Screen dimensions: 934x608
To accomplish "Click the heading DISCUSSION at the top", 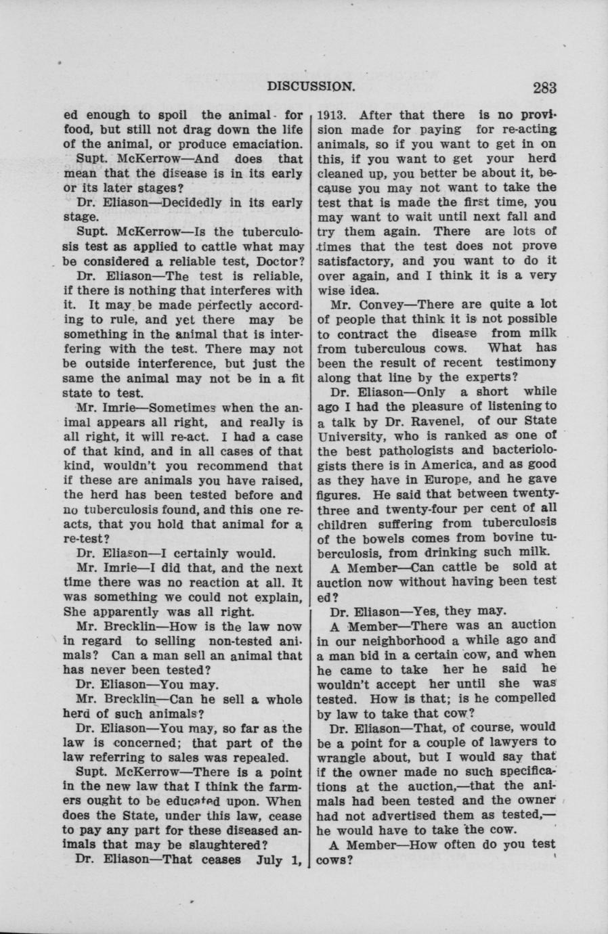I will click(x=310, y=87).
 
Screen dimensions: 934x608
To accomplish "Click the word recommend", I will click(x=234, y=466).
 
